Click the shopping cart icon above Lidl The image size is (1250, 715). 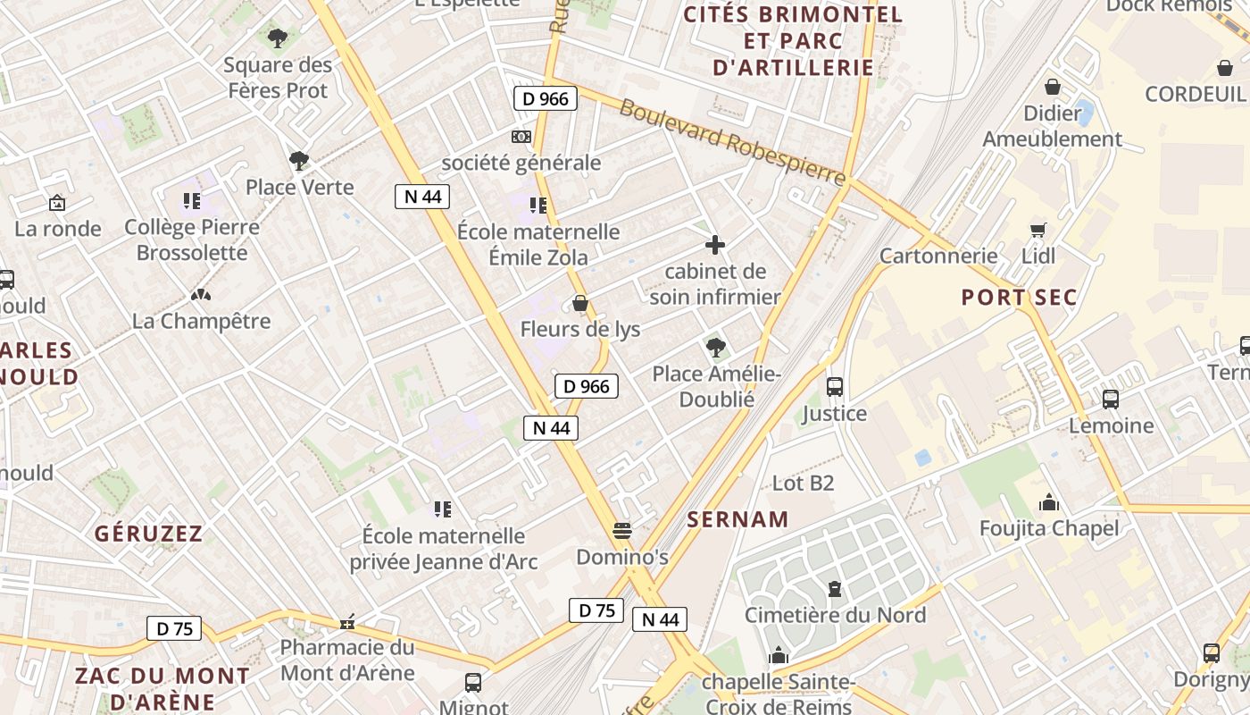[x=1037, y=231]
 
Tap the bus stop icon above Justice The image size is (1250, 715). [x=835, y=387]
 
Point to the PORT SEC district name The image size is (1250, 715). [x=1019, y=298]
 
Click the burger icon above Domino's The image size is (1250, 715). [x=622, y=531]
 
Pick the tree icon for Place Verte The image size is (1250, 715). [x=299, y=161]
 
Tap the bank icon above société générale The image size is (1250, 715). [x=521, y=137]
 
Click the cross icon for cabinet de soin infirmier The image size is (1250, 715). [x=715, y=245]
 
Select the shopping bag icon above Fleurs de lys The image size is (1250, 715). [x=580, y=304]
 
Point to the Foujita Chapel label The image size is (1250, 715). [x=1049, y=528]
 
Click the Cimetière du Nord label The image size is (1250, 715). [x=835, y=615]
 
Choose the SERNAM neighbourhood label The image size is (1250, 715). [x=737, y=519]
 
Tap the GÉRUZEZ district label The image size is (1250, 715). [x=149, y=534]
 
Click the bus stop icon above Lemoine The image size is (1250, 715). [x=1111, y=400]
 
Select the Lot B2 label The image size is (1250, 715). [x=803, y=484]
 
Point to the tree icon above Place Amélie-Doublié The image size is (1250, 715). [x=715, y=347]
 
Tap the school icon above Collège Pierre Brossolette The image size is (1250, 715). [x=191, y=201]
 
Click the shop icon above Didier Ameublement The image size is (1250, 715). [x=1053, y=87]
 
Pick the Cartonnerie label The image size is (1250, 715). [x=938, y=257]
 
